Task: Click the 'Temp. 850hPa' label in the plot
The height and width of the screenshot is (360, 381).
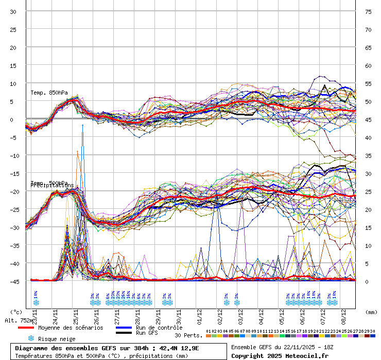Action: point(49,93)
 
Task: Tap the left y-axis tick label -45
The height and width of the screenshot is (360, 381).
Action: point(15,281)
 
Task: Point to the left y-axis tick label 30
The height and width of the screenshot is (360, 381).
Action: point(13,11)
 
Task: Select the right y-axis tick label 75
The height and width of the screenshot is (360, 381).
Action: point(368,11)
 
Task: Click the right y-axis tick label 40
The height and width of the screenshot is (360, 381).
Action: point(368,137)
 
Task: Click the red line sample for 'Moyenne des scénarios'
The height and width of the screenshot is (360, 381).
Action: point(26,328)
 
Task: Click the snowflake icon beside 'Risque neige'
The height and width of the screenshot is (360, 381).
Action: point(31,338)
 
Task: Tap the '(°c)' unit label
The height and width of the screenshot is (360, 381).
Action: point(16,312)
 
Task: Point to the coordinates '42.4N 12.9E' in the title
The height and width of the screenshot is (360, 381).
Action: point(178,348)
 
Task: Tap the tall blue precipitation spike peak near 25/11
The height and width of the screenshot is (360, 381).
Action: point(82,125)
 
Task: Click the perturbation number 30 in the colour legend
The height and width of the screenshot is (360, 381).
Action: point(372,331)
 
